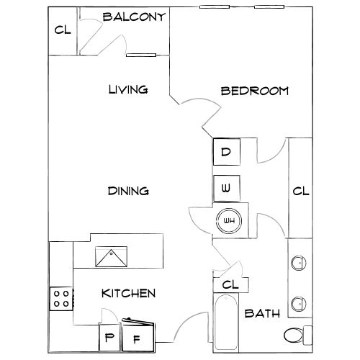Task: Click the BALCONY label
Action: click(134, 17)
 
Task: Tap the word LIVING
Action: click(128, 89)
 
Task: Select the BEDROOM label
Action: click(255, 91)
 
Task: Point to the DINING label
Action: click(128, 191)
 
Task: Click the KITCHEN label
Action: click(129, 293)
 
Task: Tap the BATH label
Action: click(262, 313)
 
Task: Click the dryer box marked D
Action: click(227, 152)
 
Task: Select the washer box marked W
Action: click(227, 188)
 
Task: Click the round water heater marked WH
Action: click(229, 221)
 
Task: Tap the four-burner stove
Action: click(61, 299)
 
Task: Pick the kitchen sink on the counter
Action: click(111, 256)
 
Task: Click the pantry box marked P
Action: click(109, 338)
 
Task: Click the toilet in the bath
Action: click(298, 336)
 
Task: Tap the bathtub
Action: click(226, 322)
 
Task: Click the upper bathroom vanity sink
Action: click(299, 263)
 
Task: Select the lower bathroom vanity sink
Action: click(299, 304)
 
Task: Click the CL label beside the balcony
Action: click(63, 30)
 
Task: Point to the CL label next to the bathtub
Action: click(230, 285)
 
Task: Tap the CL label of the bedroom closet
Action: click(301, 192)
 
